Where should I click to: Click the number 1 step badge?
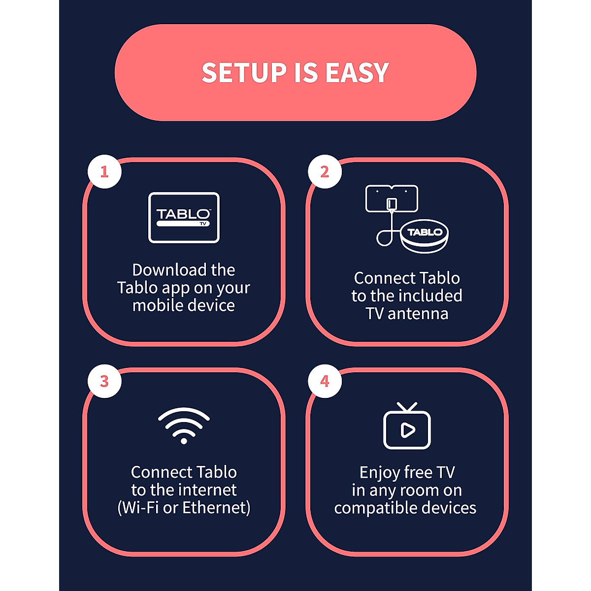[104, 172]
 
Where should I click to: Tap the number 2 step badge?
[325, 172]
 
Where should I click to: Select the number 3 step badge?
[104, 381]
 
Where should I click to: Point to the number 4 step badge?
[325, 381]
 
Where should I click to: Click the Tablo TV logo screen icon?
[184, 218]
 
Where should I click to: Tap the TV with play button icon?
[407, 427]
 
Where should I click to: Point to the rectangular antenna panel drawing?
[392, 198]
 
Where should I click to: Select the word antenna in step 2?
[418, 314]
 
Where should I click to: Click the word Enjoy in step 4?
[380, 473]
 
